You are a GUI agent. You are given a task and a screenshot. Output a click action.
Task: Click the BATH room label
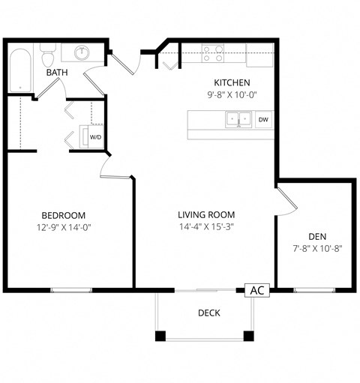[x=56, y=73]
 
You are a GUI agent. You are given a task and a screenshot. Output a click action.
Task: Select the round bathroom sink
[x=81, y=52]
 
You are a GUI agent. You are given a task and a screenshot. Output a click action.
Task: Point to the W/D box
[x=95, y=137]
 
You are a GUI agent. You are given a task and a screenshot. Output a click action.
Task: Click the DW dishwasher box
[x=263, y=119]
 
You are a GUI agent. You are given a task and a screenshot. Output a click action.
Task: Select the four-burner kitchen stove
[x=213, y=52]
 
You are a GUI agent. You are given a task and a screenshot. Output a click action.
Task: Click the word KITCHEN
[x=232, y=82]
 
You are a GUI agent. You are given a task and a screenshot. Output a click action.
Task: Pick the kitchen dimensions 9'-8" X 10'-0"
[x=232, y=95]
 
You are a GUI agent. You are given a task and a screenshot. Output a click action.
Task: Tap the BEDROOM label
[x=63, y=214]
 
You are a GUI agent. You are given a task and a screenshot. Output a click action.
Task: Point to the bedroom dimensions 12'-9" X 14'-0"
[x=63, y=227]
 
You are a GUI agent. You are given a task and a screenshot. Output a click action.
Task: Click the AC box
[x=256, y=290]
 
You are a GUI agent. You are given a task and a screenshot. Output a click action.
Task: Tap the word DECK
[x=208, y=313]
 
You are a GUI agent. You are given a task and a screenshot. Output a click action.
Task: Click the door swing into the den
[x=286, y=200]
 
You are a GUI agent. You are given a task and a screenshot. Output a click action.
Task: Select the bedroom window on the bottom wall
[x=71, y=289]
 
